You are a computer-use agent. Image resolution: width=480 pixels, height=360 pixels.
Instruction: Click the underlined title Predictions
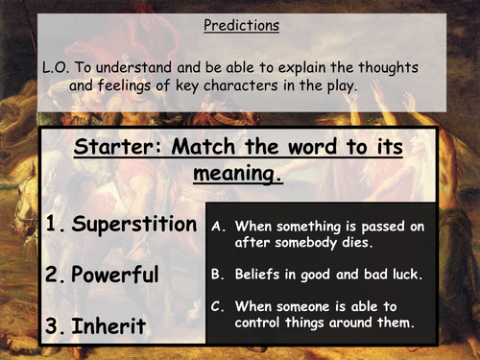(241, 26)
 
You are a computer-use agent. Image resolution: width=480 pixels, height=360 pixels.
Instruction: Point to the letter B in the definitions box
(216, 274)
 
